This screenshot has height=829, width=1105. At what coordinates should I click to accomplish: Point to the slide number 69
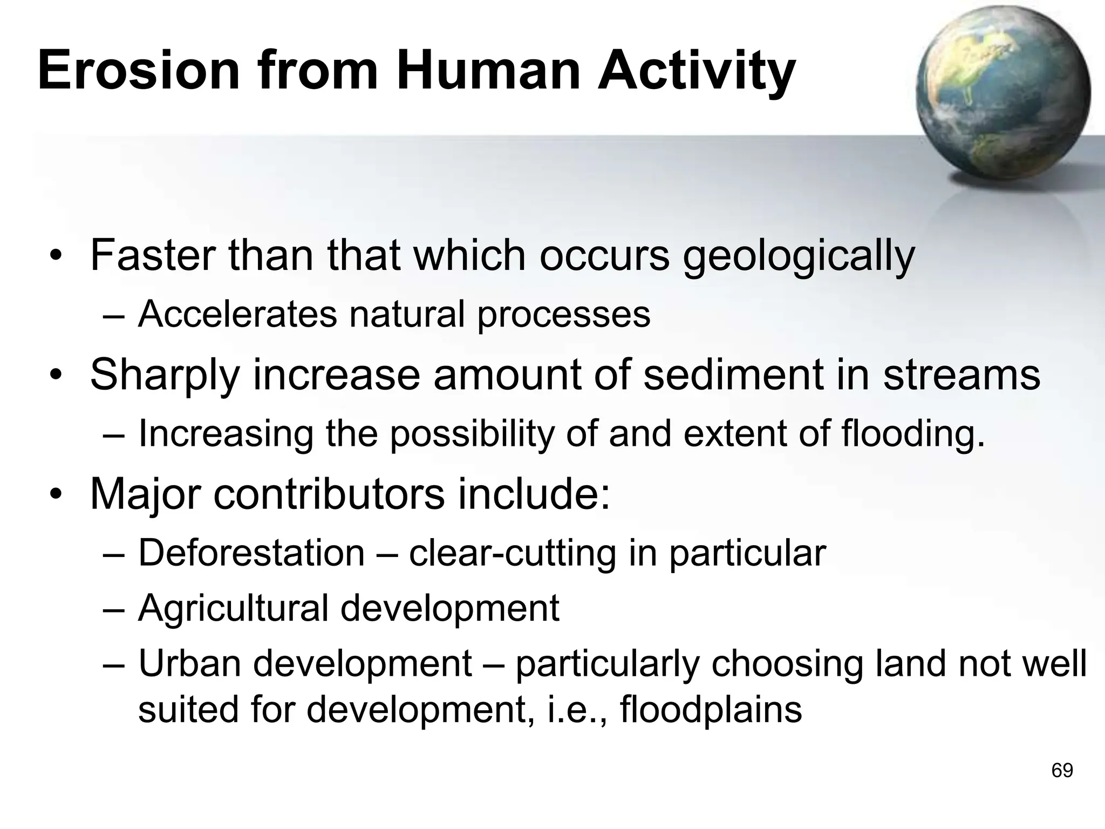pos(1062,770)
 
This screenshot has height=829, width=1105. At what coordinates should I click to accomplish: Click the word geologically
pos(799,256)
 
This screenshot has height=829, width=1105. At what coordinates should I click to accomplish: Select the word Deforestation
pos(251,553)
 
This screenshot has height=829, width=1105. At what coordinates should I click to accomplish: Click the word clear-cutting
pos(513,554)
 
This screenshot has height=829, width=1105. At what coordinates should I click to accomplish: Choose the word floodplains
pos(711,710)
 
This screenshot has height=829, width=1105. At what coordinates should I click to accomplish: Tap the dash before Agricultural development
pos(114,610)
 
